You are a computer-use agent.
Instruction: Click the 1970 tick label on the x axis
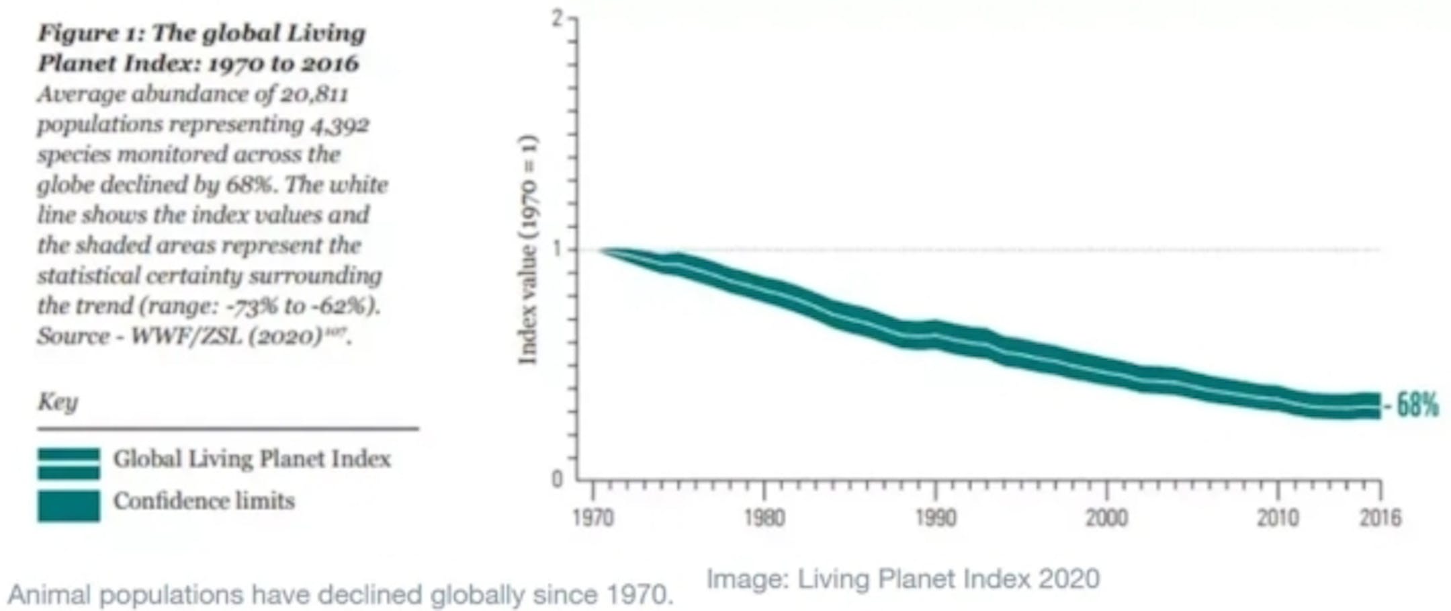[x=592, y=518]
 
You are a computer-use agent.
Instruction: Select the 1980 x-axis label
[x=764, y=518]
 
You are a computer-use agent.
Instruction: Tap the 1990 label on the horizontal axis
[x=936, y=518]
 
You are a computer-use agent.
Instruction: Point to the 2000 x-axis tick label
[x=1107, y=518]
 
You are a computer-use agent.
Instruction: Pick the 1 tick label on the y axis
[x=557, y=249]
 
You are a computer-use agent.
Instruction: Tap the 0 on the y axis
[x=557, y=479]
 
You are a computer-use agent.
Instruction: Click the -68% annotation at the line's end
[x=1414, y=405]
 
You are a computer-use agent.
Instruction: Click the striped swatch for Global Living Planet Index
[x=69, y=463]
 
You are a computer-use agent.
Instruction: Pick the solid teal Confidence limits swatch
[x=69, y=505]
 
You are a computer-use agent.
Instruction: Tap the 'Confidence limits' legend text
[x=204, y=501]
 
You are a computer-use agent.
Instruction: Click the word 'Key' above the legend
[x=58, y=401]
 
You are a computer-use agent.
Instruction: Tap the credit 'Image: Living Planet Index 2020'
[x=902, y=579]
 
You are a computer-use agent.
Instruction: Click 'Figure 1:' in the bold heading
[x=91, y=33]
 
